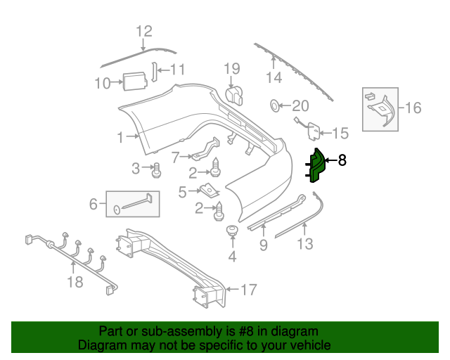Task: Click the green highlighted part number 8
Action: point(316,167)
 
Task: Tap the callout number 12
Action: point(143,31)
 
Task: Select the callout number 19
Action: point(232,68)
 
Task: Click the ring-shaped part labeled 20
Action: point(274,106)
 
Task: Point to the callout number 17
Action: point(249,290)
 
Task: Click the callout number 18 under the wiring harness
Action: point(75,282)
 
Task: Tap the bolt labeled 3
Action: point(157,169)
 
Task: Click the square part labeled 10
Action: point(134,82)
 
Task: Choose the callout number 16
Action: point(413,108)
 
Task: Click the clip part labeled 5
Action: point(208,189)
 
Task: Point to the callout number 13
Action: point(305,244)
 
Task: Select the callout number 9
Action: point(263,245)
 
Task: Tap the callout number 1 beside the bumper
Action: point(120,137)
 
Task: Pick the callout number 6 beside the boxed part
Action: point(93,204)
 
